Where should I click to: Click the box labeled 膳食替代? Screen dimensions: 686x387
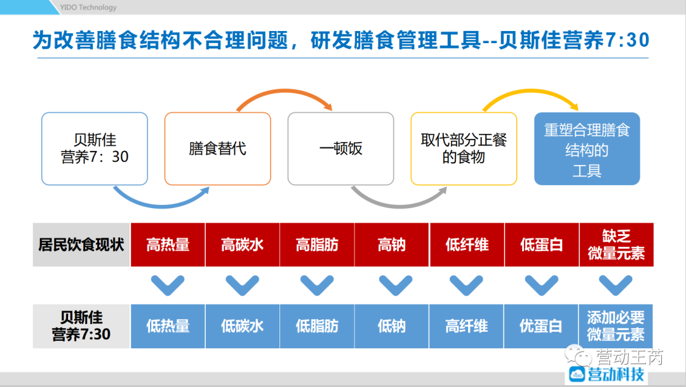pyautogui.click(x=217, y=149)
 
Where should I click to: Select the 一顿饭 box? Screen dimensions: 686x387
pyautogui.click(x=340, y=149)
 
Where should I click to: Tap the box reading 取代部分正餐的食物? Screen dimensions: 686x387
pyautogui.click(x=464, y=149)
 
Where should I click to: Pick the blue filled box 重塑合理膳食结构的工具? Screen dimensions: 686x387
pyautogui.click(x=587, y=149)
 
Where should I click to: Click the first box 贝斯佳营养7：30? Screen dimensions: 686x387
pyautogui.click(x=95, y=149)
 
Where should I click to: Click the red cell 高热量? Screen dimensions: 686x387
pyautogui.click(x=168, y=245)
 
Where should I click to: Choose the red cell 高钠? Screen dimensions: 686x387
pyautogui.click(x=392, y=245)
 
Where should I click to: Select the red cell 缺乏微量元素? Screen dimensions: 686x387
pyautogui.click(x=615, y=245)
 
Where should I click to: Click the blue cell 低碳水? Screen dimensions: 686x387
pyautogui.click(x=242, y=326)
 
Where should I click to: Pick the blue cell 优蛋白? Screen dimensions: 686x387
pyautogui.click(x=541, y=326)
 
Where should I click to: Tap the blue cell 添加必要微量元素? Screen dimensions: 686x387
pyautogui.click(x=615, y=326)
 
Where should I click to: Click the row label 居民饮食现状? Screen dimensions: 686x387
pyautogui.click(x=81, y=245)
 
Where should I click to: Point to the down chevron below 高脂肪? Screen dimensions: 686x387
pyautogui.click(x=317, y=285)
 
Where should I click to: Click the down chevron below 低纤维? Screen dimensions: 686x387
pyautogui.click(x=466, y=285)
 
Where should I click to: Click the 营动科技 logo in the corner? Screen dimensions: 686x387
pyautogui.click(x=607, y=374)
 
